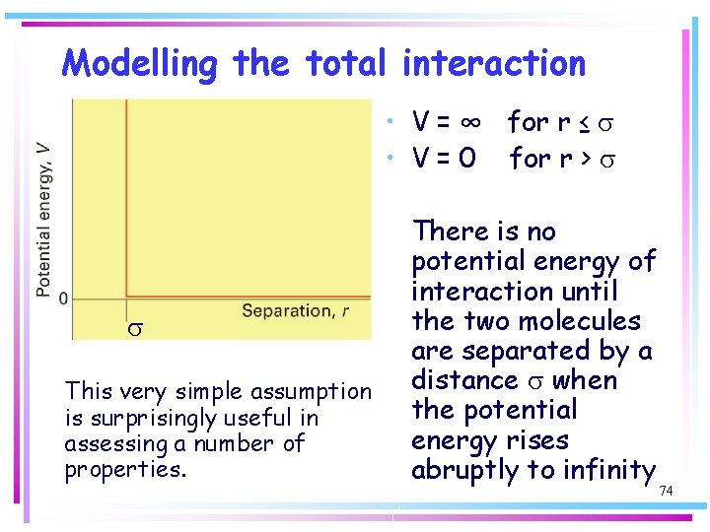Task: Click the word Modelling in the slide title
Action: pos(138,64)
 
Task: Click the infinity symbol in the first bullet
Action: pos(470,122)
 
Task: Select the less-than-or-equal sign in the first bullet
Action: pos(585,122)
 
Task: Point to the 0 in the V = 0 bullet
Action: pos(467,158)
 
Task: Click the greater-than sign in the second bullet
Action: pos(586,158)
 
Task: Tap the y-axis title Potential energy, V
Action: pos(44,219)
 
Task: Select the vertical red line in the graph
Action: pos(125,197)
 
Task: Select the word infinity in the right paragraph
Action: pos(608,470)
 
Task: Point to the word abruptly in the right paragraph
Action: pos(470,470)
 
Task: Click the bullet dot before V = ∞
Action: pos(392,122)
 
